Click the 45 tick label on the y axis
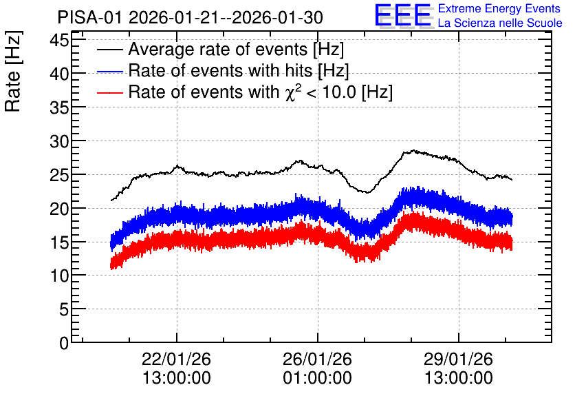[x=59, y=40]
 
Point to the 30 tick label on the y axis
[x=59, y=141]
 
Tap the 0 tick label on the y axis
[x=64, y=343]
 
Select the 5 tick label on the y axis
[x=64, y=309]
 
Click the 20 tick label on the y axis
[x=59, y=208]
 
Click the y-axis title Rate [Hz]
[x=13, y=71]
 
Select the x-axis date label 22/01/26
[x=176, y=359]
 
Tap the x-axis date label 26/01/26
[x=317, y=359]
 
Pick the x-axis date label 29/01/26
[x=458, y=359]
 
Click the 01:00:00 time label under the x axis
[x=317, y=377]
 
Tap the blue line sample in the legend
[x=109, y=72]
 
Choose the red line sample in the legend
[x=109, y=93]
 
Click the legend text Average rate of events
[x=218, y=49]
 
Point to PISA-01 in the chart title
[x=89, y=17]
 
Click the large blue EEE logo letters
[x=403, y=15]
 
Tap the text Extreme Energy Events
[x=499, y=8]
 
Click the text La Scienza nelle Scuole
[x=500, y=23]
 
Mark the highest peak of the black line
[x=414, y=150]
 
